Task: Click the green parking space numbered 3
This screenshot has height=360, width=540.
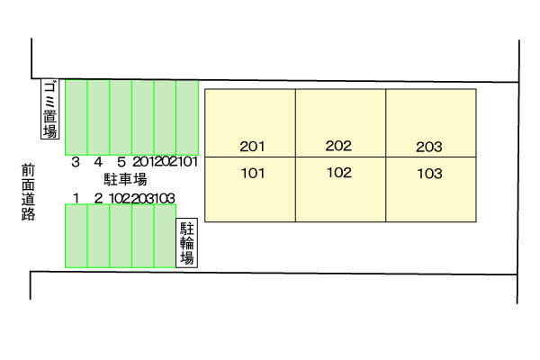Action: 76,118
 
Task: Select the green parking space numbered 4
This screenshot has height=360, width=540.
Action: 98,118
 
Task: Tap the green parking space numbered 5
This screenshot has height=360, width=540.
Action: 121,118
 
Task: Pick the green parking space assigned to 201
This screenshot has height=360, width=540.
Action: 143,118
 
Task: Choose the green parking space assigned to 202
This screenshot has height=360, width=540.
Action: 165,118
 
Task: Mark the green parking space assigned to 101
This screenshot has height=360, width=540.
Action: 187,118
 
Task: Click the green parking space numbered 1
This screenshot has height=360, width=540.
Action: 76,236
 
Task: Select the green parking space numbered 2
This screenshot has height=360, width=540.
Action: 98,236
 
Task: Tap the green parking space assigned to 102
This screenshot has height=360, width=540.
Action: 121,236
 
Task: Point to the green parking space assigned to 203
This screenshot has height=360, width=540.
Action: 143,236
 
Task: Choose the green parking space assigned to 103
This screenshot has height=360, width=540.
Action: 165,236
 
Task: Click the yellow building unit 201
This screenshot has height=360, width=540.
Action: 250,123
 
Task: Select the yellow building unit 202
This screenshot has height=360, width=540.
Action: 340,123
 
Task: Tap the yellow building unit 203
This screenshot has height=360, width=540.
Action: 431,123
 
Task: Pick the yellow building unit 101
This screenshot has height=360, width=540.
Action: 250,190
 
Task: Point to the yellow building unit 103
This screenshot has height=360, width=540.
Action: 431,190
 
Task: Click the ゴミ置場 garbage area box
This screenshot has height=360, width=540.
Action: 50,109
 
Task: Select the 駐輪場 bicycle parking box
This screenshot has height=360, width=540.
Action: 186,243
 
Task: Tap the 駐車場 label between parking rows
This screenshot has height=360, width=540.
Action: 125,179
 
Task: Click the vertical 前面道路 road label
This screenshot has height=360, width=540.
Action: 28,193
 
